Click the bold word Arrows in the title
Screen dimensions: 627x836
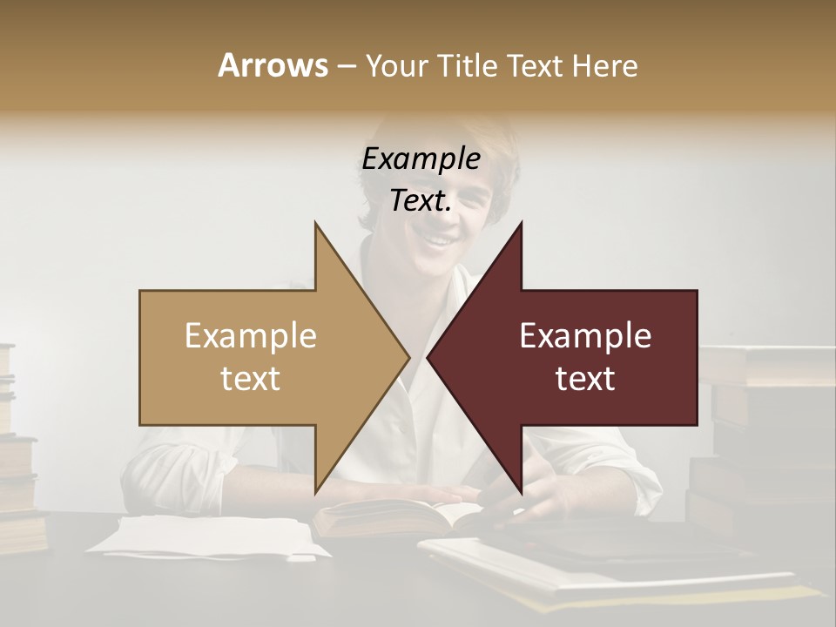(273, 65)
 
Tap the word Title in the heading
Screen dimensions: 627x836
(468, 65)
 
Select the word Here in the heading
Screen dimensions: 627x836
(604, 65)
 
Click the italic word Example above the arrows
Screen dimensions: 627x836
(421, 159)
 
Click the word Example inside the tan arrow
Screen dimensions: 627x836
(251, 336)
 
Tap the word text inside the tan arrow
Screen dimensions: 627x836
(251, 379)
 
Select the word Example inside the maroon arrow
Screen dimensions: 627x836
(585, 336)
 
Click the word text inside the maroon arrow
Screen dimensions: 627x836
(585, 379)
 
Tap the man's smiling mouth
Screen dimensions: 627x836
(440, 239)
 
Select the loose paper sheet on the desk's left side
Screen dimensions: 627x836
(209, 536)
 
